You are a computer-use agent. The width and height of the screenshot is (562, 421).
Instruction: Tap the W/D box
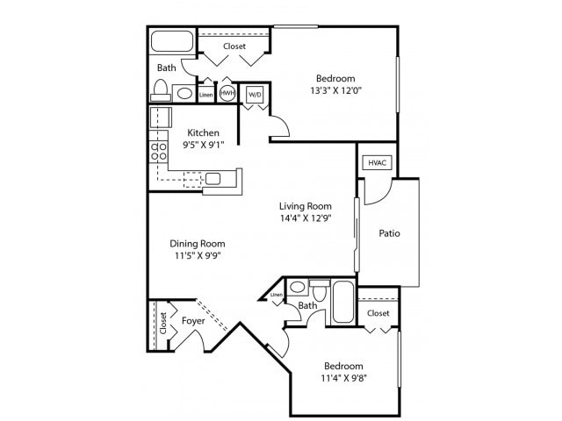[x=255, y=94]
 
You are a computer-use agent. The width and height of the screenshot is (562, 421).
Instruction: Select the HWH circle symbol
[x=227, y=93]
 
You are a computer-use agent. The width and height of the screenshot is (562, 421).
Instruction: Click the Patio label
[x=390, y=233]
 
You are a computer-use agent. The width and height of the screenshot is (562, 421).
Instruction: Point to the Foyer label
[x=193, y=321]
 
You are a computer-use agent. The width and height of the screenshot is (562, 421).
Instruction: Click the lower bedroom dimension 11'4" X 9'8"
[x=343, y=379]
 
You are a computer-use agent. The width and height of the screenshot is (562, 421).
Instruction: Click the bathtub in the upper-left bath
[x=171, y=41]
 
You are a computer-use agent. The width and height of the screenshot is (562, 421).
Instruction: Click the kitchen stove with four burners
[x=159, y=151]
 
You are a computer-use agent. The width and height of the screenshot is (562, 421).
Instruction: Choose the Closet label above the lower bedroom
[x=378, y=312]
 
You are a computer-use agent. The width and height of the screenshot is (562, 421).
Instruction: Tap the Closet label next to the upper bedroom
[x=234, y=46]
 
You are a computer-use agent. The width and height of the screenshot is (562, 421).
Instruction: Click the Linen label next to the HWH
[x=206, y=94]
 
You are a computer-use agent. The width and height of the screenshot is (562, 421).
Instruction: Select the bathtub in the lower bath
[x=342, y=303]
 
